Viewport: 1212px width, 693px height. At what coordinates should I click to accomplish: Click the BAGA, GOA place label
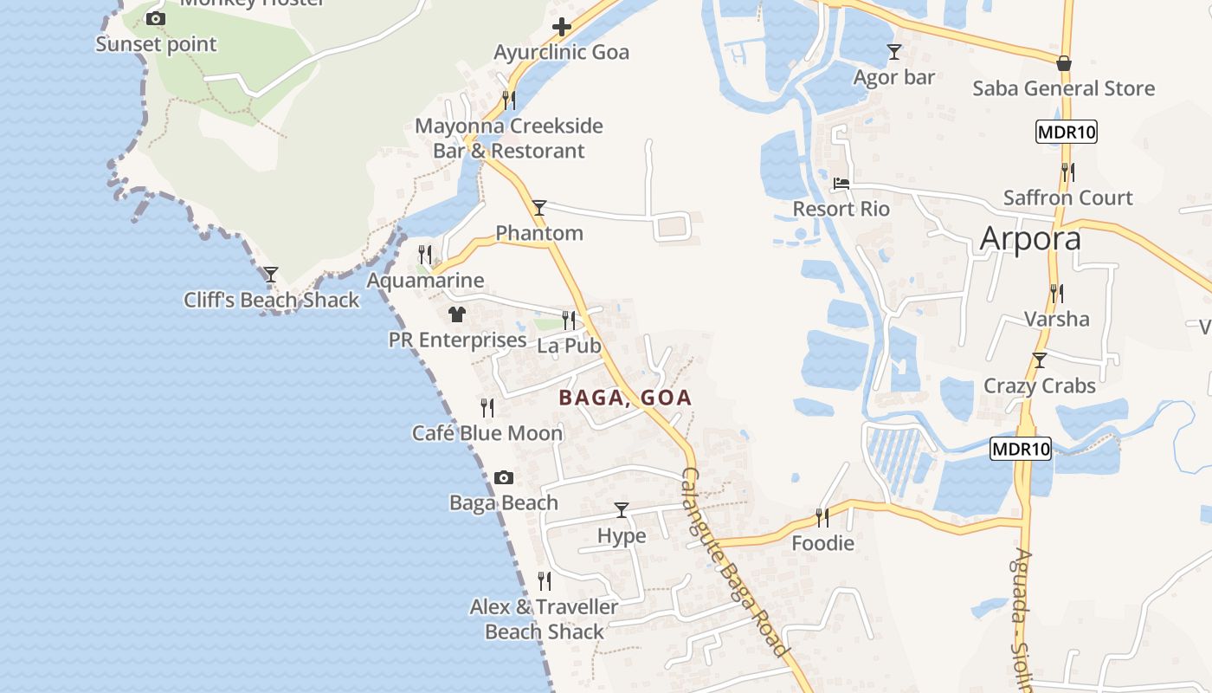(x=625, y=398)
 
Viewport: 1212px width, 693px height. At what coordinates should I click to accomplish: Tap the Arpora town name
(x=1030, y=239)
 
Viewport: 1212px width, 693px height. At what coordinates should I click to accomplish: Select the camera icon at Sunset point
(x=156, y=18)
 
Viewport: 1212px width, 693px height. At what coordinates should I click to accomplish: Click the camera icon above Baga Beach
(x=503, y=477)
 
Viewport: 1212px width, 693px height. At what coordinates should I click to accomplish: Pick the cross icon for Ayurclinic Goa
(x=562, y=27)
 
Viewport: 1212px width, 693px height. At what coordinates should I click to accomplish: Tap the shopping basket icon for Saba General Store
(x=1063, y=63)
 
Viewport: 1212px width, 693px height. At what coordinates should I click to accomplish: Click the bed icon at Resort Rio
(x=841, y=184)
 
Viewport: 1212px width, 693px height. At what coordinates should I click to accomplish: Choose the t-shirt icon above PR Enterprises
(x=456, y=314)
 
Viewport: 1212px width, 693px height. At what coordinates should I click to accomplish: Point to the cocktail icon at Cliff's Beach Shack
(x=271, y=275)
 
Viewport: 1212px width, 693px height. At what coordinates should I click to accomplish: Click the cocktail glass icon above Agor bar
(x=893, y=52)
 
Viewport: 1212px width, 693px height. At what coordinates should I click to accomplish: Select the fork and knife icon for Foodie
(x=822, y=518)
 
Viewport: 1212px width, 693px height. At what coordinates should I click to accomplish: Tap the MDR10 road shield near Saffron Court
(x=1066, y=133)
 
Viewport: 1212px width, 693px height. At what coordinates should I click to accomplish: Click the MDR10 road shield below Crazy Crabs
(x=1021, y=449)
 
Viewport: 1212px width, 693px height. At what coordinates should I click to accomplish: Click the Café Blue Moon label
(x=487, y=433)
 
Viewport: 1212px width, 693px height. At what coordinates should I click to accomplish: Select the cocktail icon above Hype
(x=621, y=509)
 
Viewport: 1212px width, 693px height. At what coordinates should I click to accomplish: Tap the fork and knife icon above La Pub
(x=569, y=320)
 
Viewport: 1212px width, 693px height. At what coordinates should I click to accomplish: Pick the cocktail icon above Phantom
(x=539, y=207)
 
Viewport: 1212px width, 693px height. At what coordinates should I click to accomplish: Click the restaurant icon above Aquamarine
(x=425, y=254)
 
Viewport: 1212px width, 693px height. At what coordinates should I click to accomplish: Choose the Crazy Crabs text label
(x=1040, y=385)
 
